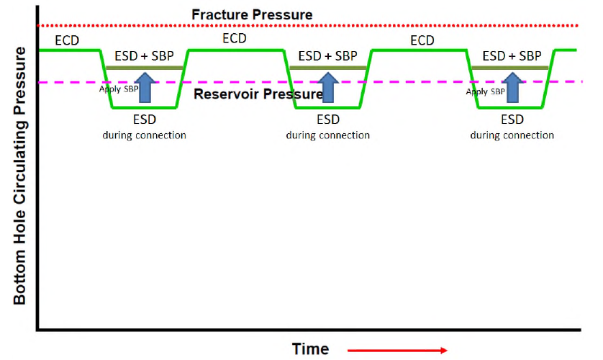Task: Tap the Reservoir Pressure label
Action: (259, 94)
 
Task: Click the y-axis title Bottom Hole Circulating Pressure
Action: (19, 176)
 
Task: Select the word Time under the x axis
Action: (310, 348)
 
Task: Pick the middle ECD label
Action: (235, 39)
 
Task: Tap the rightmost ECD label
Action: (422, 40)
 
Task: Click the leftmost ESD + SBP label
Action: (145, 55)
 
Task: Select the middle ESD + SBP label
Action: (328, 55)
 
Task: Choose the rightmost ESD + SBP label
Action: (512, 55)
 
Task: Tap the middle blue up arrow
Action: (329, 87)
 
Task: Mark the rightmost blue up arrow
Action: (512, 87)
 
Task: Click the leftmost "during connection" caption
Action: (144, 135)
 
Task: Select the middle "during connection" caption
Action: (328, 135)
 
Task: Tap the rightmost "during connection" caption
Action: (512, 135)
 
